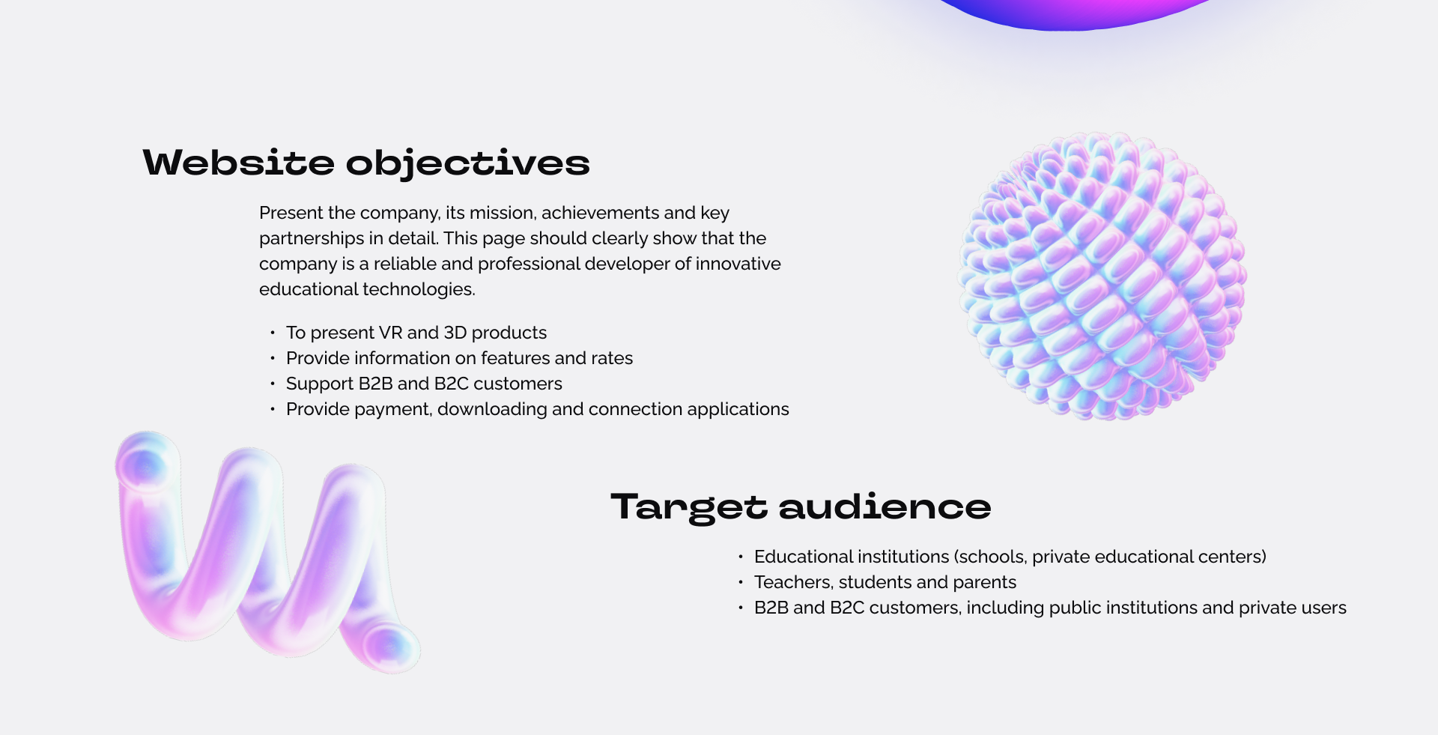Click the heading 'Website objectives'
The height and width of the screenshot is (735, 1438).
click(366, 163)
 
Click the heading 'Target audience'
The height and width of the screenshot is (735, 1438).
click(801, 507)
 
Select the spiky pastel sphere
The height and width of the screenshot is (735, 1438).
click(1102, 276)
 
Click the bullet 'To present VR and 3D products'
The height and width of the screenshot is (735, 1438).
click(416, 333)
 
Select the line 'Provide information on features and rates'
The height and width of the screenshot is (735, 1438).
click(459, 358)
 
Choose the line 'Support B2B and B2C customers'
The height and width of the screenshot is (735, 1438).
click(424, 384)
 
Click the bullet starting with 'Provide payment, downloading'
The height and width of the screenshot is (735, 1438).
click(537, 409)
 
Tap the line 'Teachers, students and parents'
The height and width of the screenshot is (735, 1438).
click(885, 582)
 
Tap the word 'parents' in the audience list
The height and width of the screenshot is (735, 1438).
click(985, 583)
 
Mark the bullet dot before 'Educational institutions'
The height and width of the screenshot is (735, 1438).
click(741, 557)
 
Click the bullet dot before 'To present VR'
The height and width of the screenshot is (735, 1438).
click(273, 333)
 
